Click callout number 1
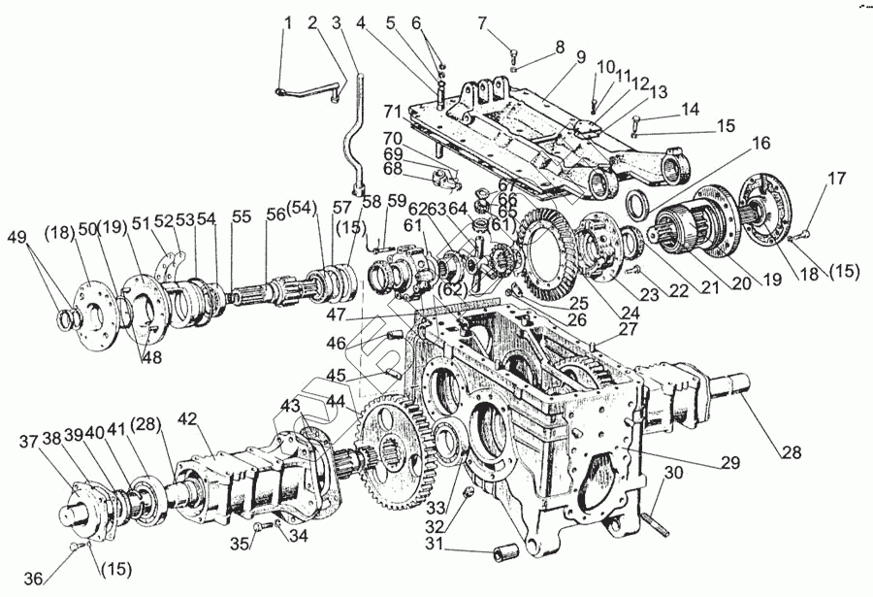[286, 21]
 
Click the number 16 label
[760, 143]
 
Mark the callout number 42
[186, 420]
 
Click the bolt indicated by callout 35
[258, 528]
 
